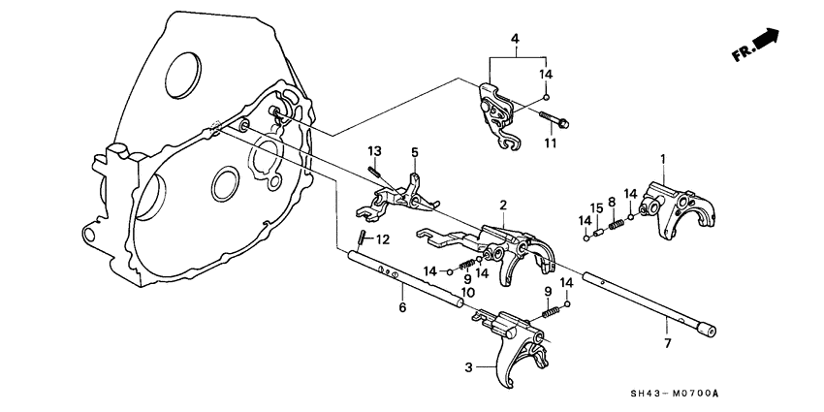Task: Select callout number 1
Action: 662,158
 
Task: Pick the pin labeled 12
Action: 359,238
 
